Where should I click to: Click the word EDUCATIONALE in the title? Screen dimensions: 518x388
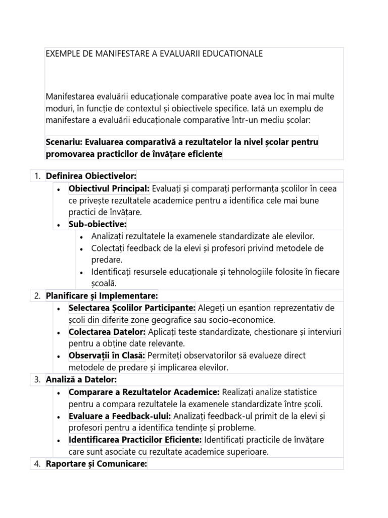point(232,54)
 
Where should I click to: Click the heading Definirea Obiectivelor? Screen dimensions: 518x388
point(91,176)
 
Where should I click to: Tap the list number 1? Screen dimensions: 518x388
point(36,176)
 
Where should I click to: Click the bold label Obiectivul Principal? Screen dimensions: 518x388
point(109,189)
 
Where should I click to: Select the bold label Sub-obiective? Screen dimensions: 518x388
point(98,224)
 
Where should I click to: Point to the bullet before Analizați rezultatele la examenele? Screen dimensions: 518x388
point(82,236)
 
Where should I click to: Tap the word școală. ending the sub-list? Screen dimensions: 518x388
point(104,283)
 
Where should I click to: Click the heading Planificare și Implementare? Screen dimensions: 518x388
point(102,295)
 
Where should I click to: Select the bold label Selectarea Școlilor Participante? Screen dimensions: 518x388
point(132,308)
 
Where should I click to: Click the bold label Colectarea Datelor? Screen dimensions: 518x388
point(107,332)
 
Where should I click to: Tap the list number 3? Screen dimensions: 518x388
point(36,379)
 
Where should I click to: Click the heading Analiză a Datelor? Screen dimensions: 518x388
point(81,379)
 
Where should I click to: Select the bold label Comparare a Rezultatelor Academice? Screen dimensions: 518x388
point(144,392)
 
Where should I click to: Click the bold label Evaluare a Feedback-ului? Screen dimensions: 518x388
point(120,416)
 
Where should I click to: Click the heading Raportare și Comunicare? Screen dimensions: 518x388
point(96,463)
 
